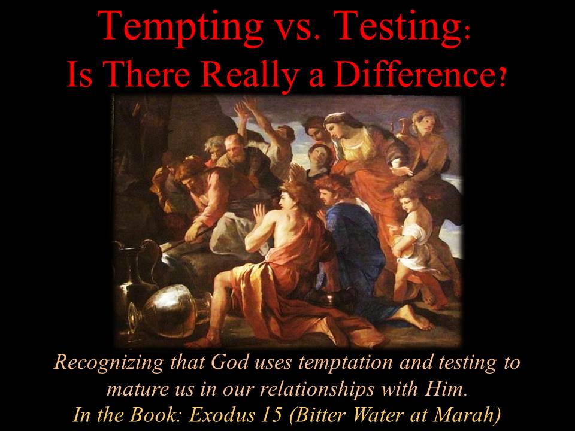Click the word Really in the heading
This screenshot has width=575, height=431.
249,75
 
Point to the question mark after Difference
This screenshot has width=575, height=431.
504,78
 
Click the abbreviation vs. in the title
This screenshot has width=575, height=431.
298,31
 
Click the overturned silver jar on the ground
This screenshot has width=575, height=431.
170,311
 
